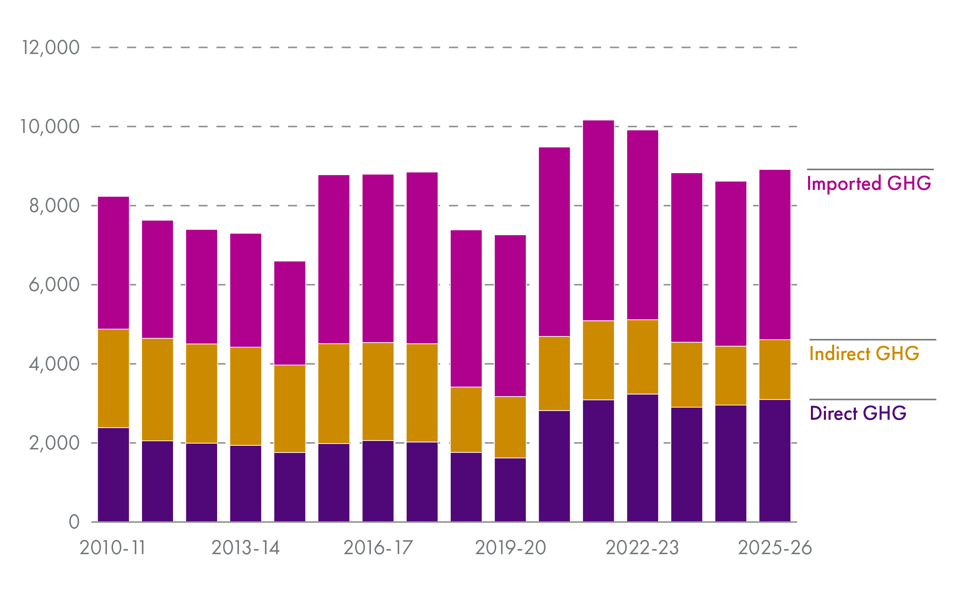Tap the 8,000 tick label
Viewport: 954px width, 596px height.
tap(54, 206)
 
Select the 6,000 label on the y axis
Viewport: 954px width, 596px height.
tap(54, 285)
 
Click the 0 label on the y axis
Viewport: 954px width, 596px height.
tap(74, 522)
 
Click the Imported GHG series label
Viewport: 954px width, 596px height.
tap(869, 184)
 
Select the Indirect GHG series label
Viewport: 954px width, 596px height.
tap(864, 354)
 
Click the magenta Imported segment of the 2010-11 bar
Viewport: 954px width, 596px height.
tap(113, 263)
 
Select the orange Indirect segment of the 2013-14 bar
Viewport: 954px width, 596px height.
tap(245, 396)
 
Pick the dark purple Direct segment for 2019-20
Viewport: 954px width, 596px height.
tap(510, 490)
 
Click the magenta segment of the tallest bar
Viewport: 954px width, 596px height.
tap(598, 221)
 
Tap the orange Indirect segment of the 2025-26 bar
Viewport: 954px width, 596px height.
tap(774, 370)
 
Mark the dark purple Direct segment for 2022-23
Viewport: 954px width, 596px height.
tap(642, 458)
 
